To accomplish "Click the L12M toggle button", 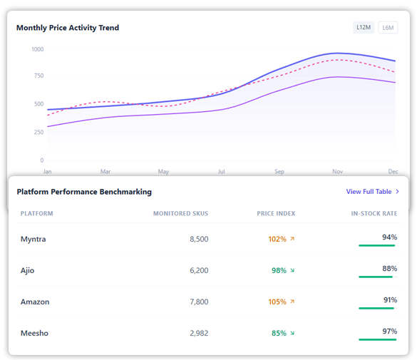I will click(x=364, y=28).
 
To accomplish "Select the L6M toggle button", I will click(x=388, y=28).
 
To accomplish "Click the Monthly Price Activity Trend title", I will click(x=68, y=28).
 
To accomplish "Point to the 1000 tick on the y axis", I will click(x=37, y=49).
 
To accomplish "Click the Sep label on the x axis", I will click(x=279, y=172).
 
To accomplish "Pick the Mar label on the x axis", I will click(x=105, y=172).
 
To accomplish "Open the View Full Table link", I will click(x=373, y=192).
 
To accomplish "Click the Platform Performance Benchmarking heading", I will click(x=84, y=192).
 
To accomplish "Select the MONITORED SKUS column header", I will click(x=180, y=213).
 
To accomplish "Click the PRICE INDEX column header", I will click(x=276, y=213).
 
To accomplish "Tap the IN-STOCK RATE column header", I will click(x=374, y=213).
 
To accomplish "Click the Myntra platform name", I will click(x=33, y=239).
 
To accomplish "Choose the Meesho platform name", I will click(x=34, y=333).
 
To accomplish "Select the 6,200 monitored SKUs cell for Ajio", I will click(x=199, y=270).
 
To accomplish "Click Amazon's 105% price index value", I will click(x=277, y=302).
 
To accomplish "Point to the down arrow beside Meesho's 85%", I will click(x=292, y=333).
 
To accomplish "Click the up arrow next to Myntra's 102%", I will click(x=292, y=239).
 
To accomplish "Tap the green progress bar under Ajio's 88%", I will click(x=376, y=277).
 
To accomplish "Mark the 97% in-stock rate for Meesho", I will click(x=389, y=331).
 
